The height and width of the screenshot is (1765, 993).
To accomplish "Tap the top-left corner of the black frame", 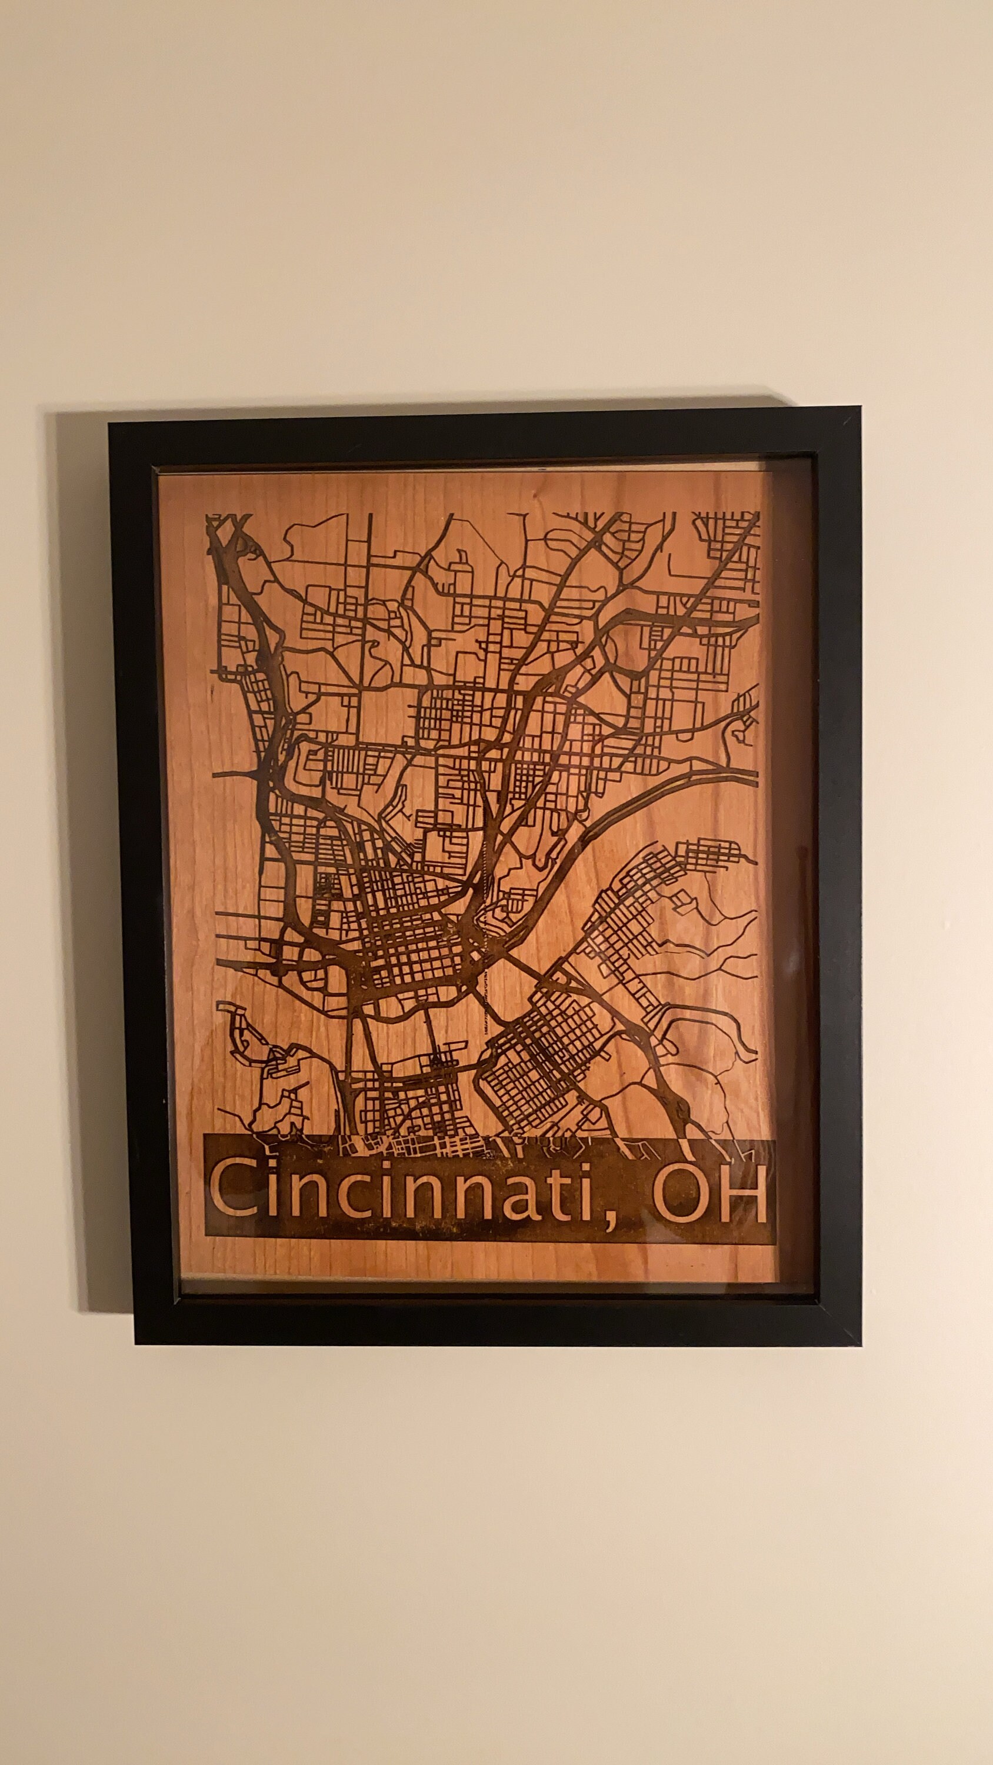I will click(x=112, y=425).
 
